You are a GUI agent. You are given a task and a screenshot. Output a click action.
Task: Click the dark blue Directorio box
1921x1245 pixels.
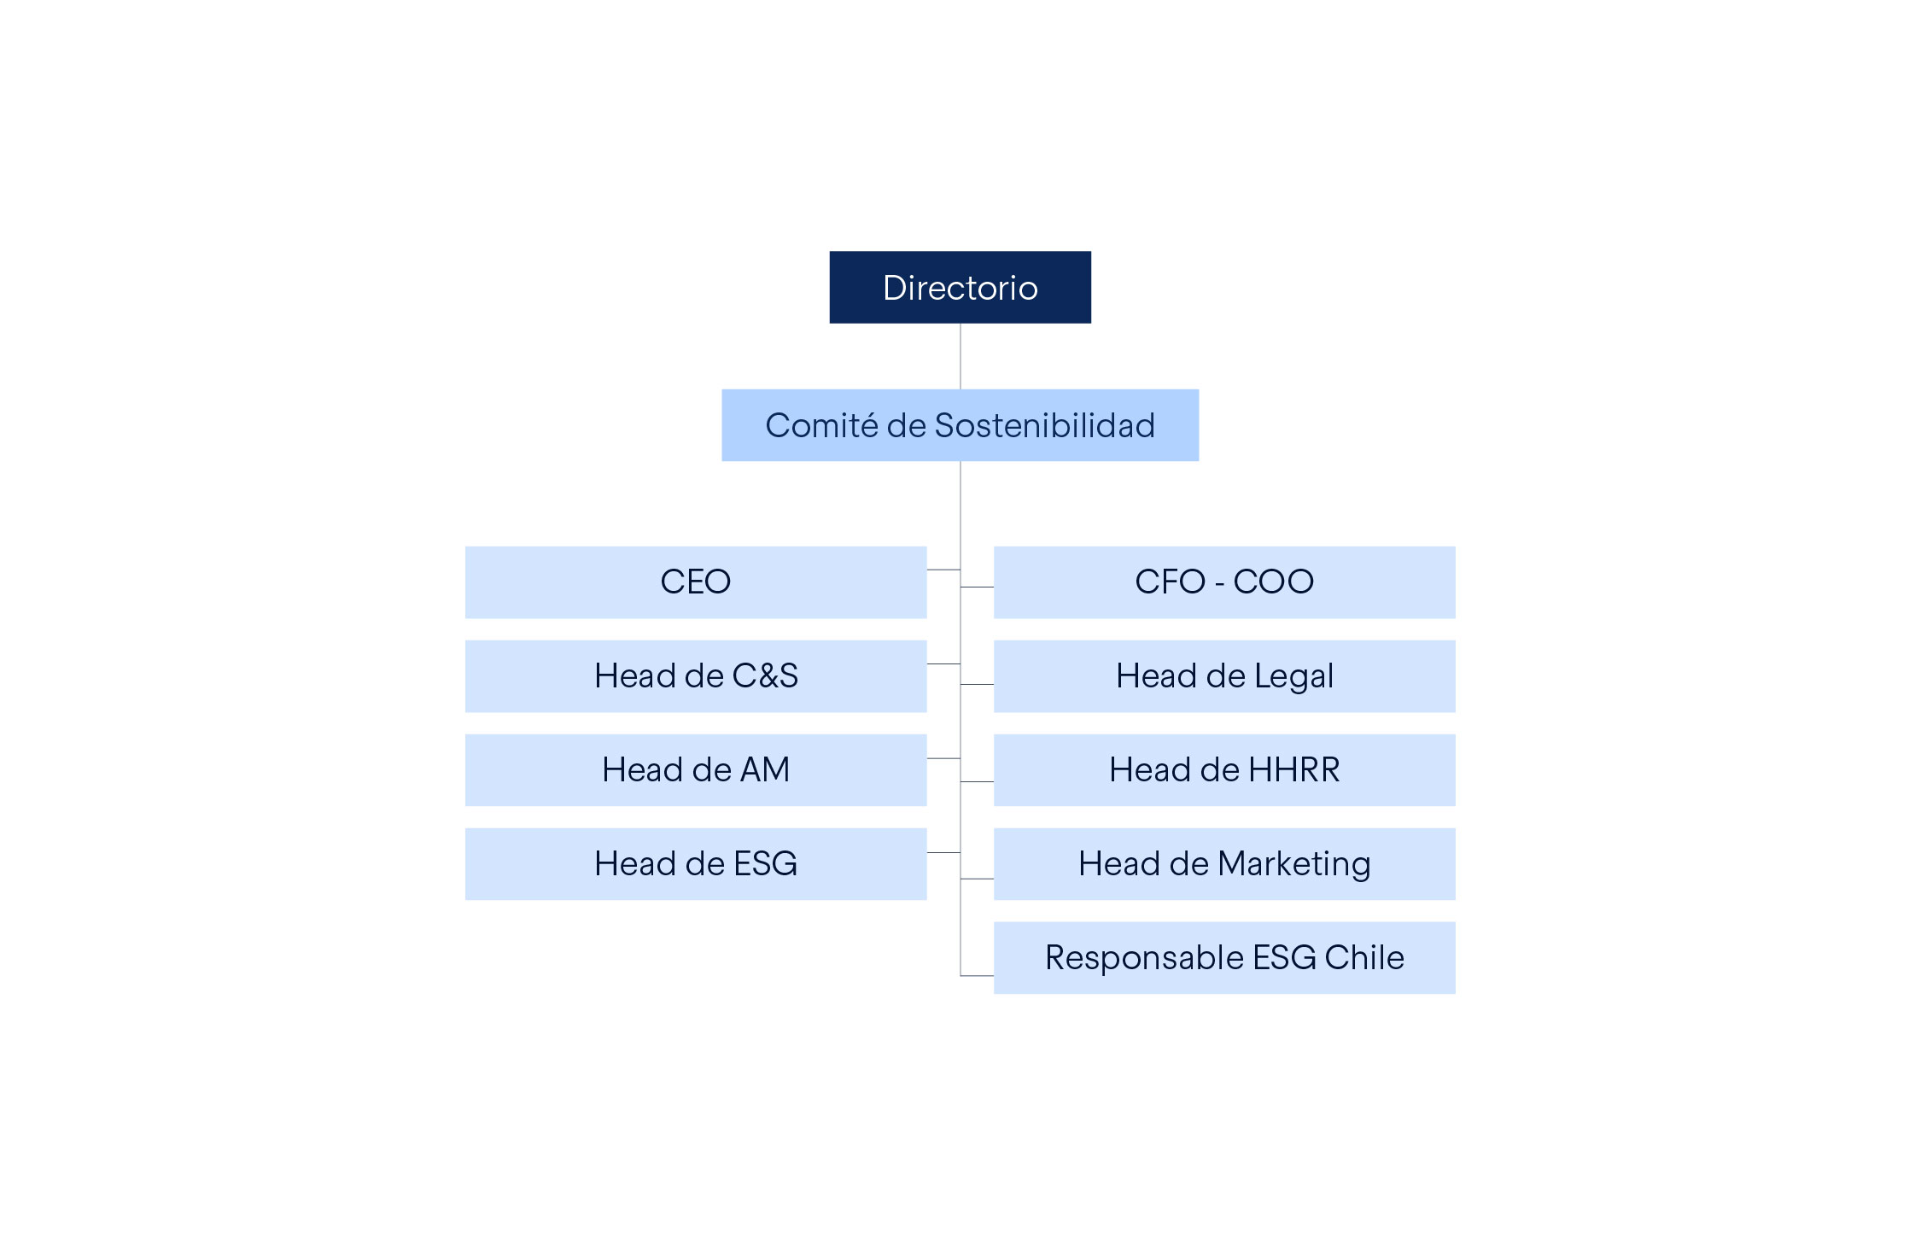[x=960, y=287]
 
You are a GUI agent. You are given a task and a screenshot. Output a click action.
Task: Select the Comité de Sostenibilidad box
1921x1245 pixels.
[x=960, y=425]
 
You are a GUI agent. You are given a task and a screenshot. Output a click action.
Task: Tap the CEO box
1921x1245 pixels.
[x=696, y=582]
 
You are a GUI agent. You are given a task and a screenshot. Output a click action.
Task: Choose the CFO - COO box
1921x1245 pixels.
[x=1224, y=582]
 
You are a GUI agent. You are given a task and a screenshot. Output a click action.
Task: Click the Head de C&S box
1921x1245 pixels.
[x=696, y=676]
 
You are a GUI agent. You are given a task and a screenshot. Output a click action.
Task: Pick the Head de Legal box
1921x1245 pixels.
[x=1224, y=676]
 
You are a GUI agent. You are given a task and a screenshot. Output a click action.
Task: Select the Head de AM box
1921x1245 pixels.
[x=696, y=770]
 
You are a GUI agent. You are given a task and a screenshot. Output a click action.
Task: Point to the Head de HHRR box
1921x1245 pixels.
[x=1224, y=770]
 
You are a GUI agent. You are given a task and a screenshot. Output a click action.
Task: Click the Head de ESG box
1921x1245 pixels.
[x=696, y=864]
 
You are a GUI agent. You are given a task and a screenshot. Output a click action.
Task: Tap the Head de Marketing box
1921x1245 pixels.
[x=1224, y=864]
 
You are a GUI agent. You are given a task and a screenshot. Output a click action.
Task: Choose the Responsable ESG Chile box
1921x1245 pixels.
[x=1224, y=958]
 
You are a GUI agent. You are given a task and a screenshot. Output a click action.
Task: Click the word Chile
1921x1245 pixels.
[x=1363, y=957]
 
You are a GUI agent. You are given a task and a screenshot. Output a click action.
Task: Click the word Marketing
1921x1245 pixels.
[x=1294, y=865]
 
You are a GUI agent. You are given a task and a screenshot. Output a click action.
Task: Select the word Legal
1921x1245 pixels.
[x=1293, y=677]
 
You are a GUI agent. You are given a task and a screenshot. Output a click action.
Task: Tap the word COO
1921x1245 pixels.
[x=1273, y=582]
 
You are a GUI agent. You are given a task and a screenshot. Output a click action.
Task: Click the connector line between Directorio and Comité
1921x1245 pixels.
[x=960, y=356]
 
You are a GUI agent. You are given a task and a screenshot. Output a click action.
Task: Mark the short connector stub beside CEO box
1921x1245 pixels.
[x=943, y=570]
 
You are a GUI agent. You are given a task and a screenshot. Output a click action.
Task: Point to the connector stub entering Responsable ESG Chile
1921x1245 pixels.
[x=977, y=975]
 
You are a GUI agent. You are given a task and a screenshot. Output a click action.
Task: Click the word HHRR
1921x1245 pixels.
[x=1293, y=770]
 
